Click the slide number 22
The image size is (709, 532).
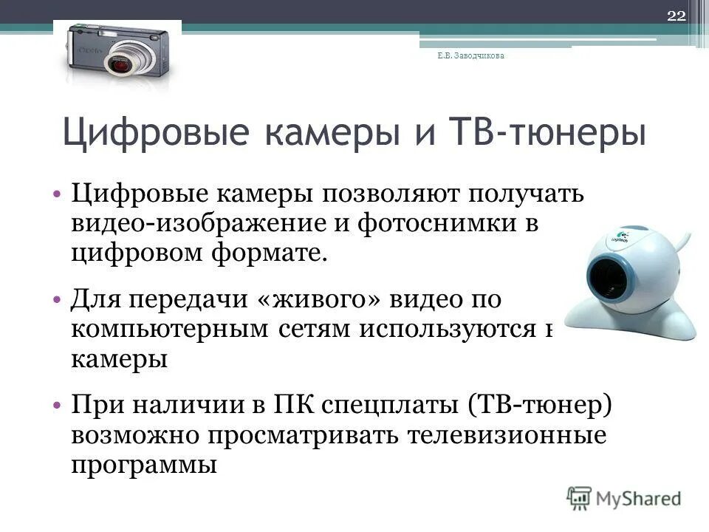click(x=677, y=17)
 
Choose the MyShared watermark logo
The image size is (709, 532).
click(x=625, y=497)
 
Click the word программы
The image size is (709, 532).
click(x=145, y=465)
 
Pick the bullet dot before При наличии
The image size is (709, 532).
click(x=58, y=407)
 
